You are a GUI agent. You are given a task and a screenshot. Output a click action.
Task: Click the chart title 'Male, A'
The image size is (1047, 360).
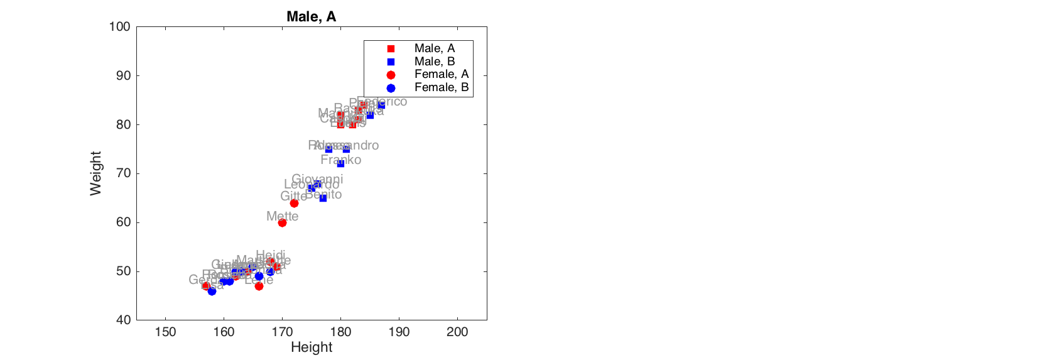click(x=311, y=16)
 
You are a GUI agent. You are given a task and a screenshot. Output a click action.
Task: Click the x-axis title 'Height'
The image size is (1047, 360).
click(x=311, y=347)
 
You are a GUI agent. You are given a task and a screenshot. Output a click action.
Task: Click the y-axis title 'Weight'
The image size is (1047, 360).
click(x=95, y=173)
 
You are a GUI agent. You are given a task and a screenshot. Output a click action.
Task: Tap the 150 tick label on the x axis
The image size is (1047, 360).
click(x=165, y=332)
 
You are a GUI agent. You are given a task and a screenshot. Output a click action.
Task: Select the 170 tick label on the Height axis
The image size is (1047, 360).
click(x=282, y=332)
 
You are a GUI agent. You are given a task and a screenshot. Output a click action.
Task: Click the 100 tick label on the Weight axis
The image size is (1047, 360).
click(x=119, y=26)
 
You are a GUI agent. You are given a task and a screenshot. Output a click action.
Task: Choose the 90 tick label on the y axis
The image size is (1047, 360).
click(x=123, y=75)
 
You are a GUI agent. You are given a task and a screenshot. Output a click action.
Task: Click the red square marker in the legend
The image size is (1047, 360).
click(x=391, y=48)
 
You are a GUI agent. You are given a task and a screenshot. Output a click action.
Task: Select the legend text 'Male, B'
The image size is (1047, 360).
click(x=435, y=62)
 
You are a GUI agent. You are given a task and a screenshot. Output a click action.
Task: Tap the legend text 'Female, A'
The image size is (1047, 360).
click(x=442, y=74)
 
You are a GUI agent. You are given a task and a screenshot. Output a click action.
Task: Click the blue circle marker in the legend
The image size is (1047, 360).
click(x=391, y=88)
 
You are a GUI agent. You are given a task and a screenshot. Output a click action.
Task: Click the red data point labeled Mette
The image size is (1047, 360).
click(x=282, y=222)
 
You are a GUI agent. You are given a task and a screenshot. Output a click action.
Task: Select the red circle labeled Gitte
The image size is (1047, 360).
click(x=294, y=203)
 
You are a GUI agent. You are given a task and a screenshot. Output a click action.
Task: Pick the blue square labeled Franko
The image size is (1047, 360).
click(x=340, y=163)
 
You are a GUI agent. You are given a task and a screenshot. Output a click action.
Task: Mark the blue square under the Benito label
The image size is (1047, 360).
click(x=323, y=198)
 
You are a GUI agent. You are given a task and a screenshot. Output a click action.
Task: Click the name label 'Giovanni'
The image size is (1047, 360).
click(x=317, y=179)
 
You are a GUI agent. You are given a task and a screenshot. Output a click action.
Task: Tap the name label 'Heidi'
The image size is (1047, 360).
click(x=270, y=256)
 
